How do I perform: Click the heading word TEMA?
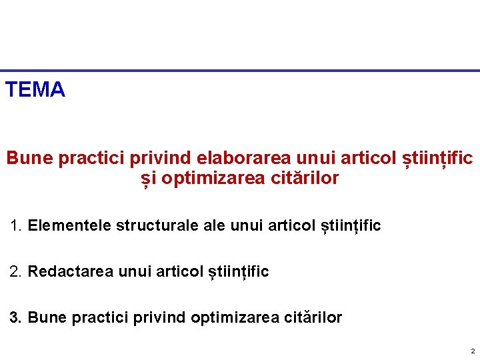(x=35, y=89)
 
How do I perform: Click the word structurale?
(x=157, y=225)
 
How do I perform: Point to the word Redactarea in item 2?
(x=71, y=271)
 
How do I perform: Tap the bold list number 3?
(x=16, y=317)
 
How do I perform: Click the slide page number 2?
(x=472, y=351)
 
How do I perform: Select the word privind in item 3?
(x=161, y=317)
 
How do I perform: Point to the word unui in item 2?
(x=133, y=271)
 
